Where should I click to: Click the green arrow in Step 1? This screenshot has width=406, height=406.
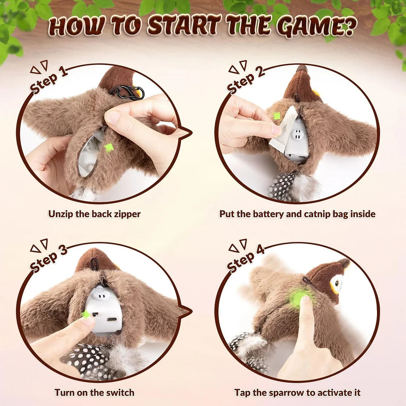tap(109, 147)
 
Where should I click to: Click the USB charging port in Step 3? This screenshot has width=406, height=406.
tap(112, 320)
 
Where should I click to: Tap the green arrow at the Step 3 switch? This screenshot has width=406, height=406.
tap(86, 314)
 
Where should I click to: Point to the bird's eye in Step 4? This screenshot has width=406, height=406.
tap(337, 283)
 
